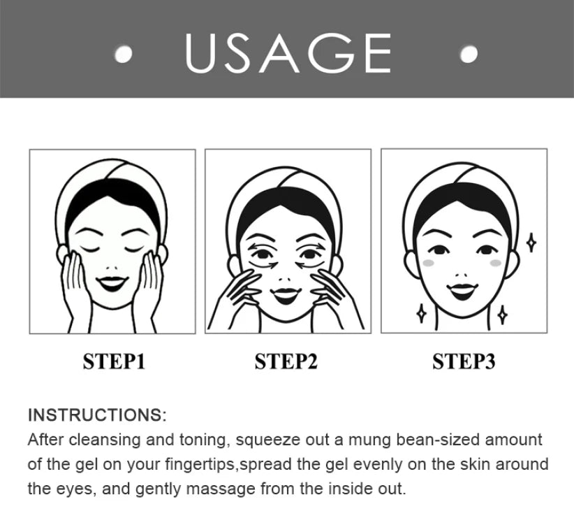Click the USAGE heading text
[x=288, y=52]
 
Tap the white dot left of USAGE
[x=124, y=55]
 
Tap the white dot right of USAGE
[x=469, y=54]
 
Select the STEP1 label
[x=113, y=361]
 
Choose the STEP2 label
[x=286, y=361]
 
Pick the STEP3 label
[x=464, y=361]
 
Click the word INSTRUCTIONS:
[x=97, y=415]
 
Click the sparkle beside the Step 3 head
[x=531, y=243]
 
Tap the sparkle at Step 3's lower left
[x=421, y=313]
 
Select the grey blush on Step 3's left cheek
[x=430, y=263]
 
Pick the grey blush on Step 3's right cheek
[x=496, y=263]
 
